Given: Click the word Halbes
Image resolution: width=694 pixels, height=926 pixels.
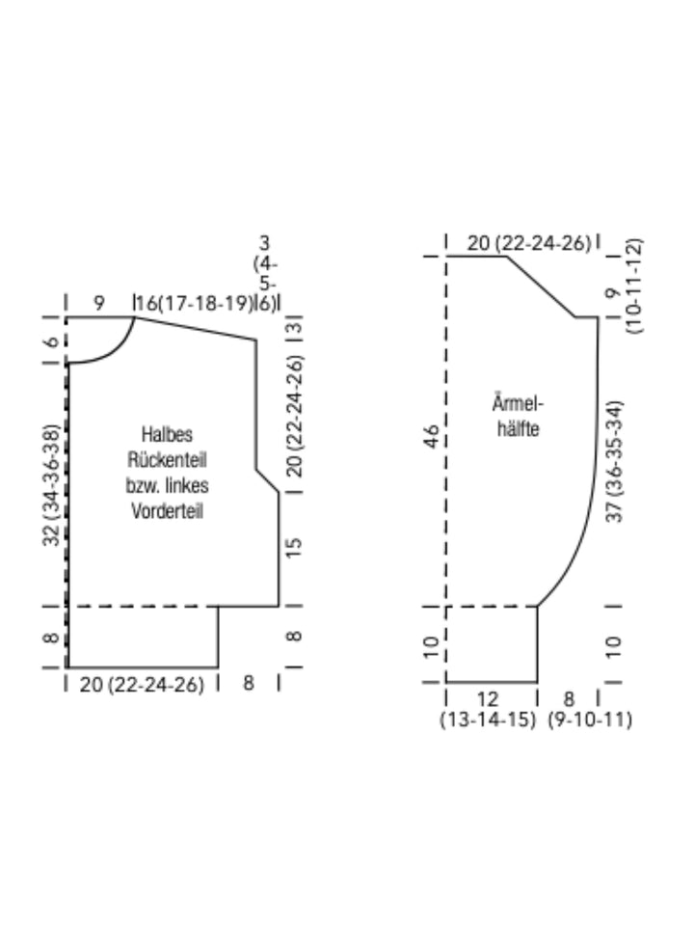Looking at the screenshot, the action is tap(167, 435).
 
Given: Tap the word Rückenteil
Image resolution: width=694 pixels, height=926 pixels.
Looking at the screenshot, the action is tap(167, 460).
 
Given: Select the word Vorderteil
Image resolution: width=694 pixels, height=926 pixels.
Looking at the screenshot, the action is tap(167, 511).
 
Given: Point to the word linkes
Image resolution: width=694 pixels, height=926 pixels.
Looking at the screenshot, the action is tap(187, 485).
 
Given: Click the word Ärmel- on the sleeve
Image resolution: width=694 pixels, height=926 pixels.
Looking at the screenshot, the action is tap(518, 403).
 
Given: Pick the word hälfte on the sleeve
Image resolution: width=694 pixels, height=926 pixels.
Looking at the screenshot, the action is tap(519, 428).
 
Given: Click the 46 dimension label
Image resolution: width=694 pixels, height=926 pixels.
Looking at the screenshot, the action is tap(432, 436).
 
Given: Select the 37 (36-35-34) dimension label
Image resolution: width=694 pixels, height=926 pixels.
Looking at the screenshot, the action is tap(614, 461).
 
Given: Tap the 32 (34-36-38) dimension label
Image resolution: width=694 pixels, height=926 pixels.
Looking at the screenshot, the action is tap(52, 485).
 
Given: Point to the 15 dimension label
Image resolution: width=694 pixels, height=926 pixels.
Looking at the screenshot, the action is tap(293, 548).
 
